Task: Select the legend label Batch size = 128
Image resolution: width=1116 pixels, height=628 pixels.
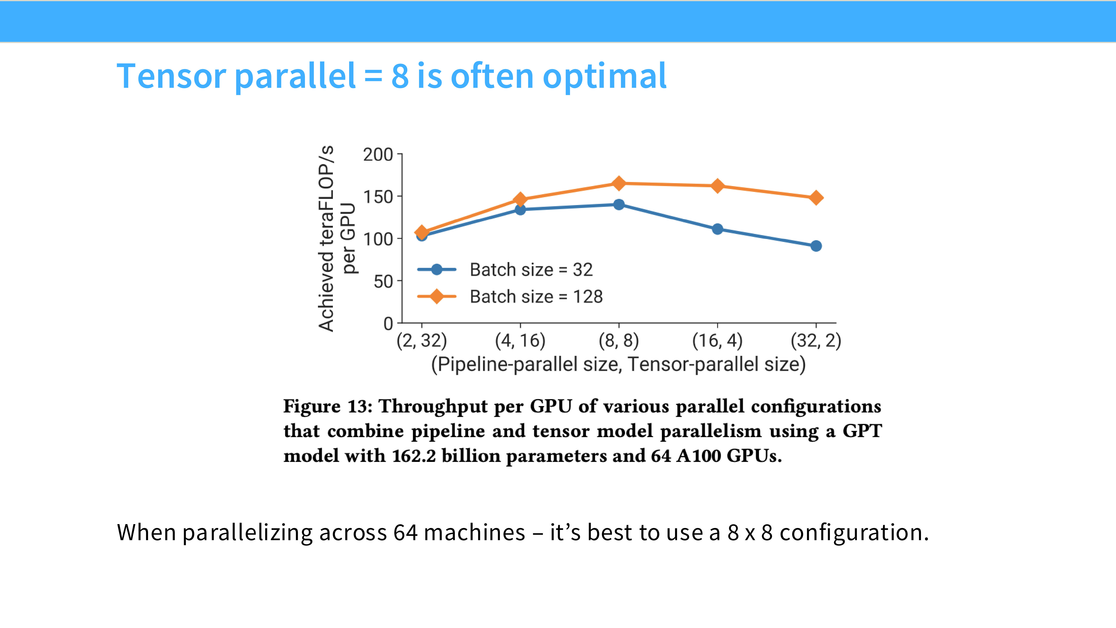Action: pos(536,297)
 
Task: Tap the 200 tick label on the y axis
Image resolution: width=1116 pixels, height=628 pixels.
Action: pos(378,155)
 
